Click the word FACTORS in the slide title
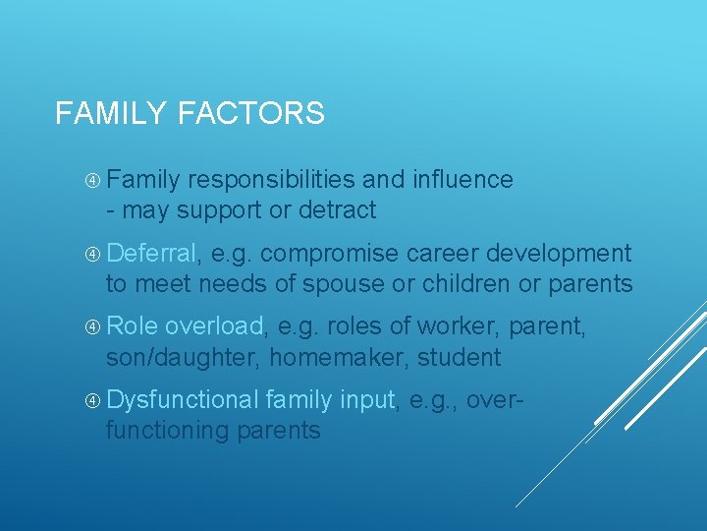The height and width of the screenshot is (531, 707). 251,114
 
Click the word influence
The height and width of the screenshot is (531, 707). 464,180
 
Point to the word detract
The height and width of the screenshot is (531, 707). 337,210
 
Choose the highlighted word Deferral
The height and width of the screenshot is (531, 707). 152,254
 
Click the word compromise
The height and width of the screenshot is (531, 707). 329,254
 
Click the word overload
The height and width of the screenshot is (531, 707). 215,326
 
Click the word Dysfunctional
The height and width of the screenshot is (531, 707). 182,400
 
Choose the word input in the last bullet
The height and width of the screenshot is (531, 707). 366,400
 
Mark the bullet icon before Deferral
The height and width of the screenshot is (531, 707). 91,255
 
